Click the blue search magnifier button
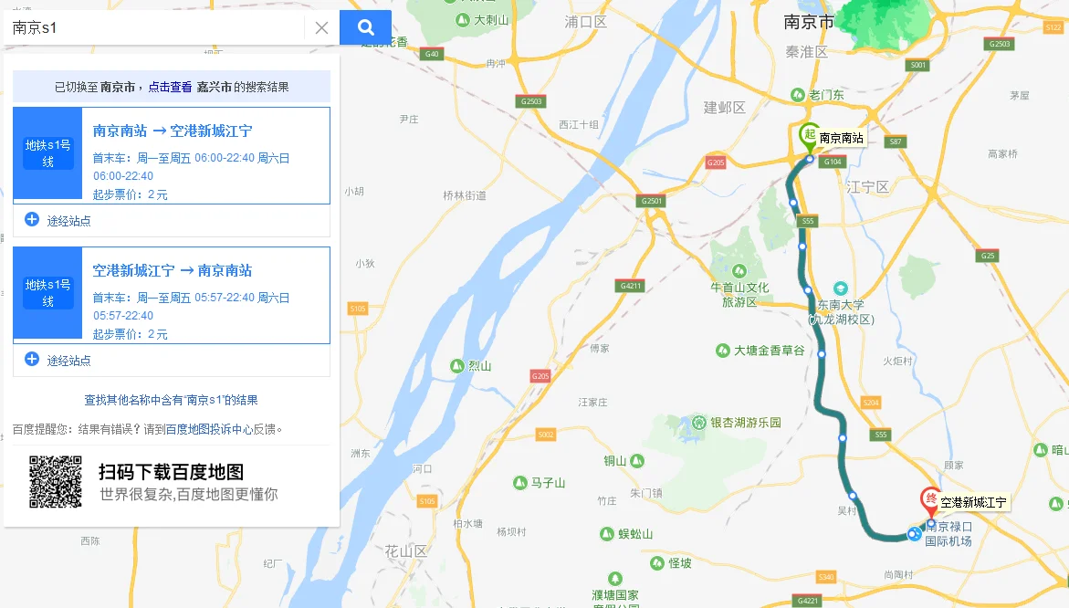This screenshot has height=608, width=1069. (x=365, y=27)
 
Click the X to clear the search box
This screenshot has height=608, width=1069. (x=321, y=27)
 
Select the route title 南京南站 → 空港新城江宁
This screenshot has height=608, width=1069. (x=173, y=131)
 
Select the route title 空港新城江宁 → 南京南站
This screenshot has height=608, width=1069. (x=173, y=270)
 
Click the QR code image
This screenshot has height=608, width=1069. (x=56, y=481)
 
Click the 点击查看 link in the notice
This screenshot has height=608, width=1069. (x=170, y=87)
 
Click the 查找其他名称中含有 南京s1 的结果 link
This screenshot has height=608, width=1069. (x=172, y=400)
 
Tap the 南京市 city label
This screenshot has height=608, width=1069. (x=809, y=22)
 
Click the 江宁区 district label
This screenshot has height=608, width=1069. (x=867, y=187)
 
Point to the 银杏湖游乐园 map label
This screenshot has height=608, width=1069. (x=747, y=423)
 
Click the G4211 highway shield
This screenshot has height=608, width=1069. (x=631, y=286)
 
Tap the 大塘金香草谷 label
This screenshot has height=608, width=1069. (x=770, y=351)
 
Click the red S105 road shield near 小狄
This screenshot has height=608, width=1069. (x=357, y=309)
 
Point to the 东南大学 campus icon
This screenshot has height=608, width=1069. (x=841, y=288)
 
